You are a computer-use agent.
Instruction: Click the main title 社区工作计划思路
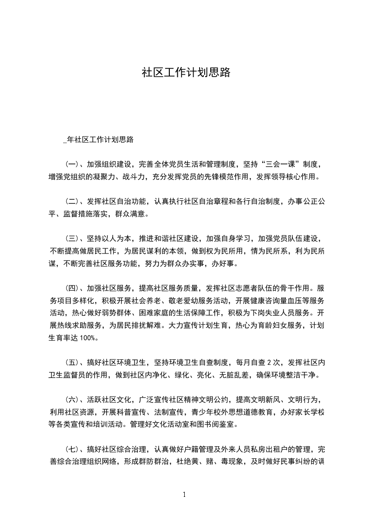[186, 73]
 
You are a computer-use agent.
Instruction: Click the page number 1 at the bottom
[184, 495]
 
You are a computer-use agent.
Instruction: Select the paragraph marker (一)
[70, 164]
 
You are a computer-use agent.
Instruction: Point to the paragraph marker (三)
[70, 239]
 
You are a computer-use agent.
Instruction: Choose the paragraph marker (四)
[70, 287]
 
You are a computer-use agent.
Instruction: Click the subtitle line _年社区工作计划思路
[98, 139]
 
